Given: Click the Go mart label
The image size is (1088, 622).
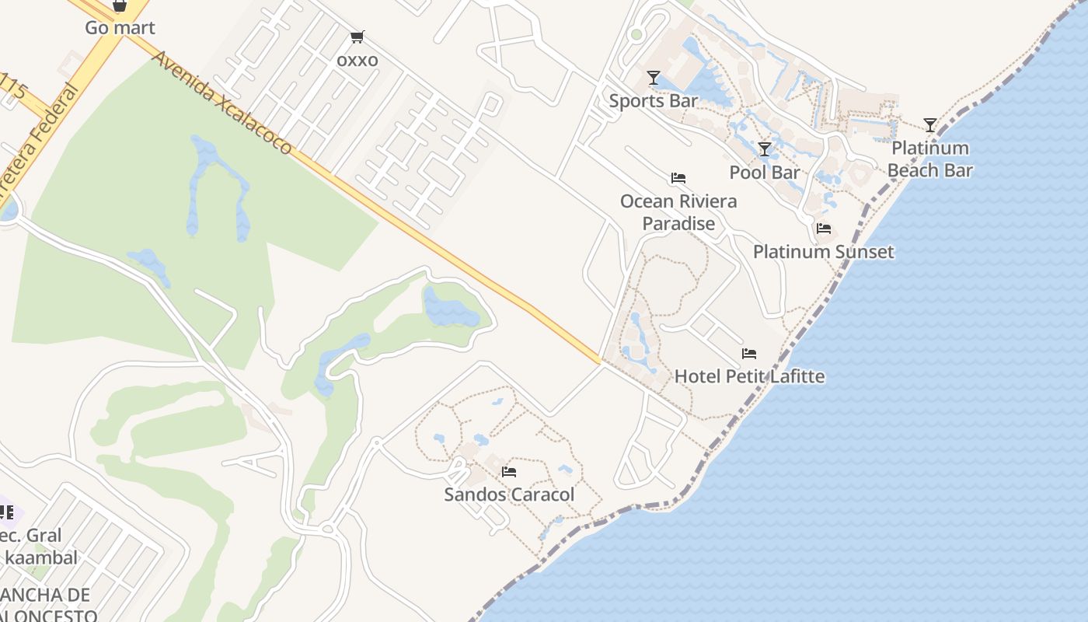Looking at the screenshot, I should [x=120, y=28].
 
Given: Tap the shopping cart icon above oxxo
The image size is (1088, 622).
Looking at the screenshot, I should [x=357, y=37].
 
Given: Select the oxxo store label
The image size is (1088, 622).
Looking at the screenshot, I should [x=357, y=60].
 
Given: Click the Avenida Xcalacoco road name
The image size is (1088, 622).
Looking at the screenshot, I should [x=222, y=103].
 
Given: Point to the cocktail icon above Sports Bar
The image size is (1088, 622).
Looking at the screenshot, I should [x=654, y=77].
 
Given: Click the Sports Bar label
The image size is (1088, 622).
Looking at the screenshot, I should [x=654, y=100].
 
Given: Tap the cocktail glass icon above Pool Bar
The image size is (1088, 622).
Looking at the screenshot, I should [x=765, y=149].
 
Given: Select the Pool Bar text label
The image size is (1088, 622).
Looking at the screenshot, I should [x=765, y=172].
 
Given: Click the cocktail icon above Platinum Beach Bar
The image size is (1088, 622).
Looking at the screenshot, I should [x=930, y=124].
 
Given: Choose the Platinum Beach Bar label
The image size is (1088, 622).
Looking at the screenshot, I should [x=930, y=159].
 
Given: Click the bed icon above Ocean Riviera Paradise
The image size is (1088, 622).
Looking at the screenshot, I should [x=678, y=178].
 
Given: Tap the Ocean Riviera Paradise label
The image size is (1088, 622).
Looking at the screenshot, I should [x=678, y=212].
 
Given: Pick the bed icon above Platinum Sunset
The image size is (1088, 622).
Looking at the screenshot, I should [x=824, y=229].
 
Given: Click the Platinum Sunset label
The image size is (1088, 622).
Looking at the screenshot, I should [x=824, y=252].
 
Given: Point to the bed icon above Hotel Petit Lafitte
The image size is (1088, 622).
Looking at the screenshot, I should [x=749, y=354].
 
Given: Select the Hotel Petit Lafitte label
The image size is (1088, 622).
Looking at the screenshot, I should [x=749, y=377].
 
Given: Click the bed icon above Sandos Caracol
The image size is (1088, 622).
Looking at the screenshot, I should [x=509, y=471].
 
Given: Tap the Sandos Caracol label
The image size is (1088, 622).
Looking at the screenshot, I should [x=509, y=494].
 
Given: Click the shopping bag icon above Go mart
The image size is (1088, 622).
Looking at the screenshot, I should [x=120, y=5].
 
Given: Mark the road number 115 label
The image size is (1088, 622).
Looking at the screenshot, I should [x=14, y=87].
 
